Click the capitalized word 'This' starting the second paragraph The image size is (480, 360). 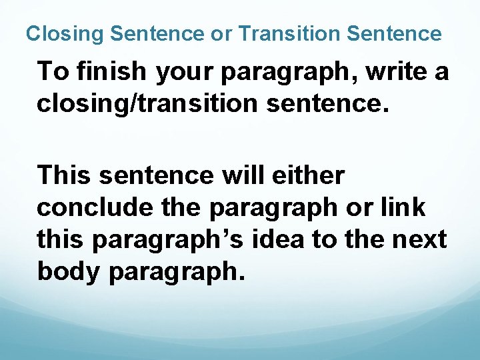[x=65, y=175]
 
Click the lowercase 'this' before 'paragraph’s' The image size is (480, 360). [x=61, y=239]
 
